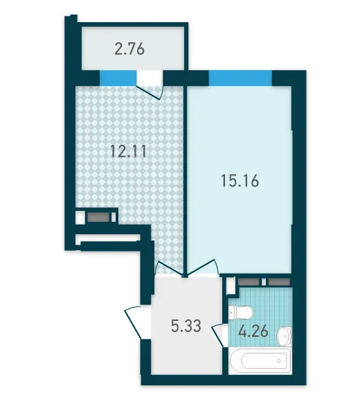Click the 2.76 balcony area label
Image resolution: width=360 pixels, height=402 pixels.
pyautogui.click(x=129, y=49)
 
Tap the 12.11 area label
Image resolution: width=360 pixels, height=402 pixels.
pyautogui.click(x=129, y=151)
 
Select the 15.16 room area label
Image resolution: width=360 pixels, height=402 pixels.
pyautogui.click(x=240, y=180)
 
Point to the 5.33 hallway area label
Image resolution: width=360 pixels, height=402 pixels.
pyautogui.click(x=186, y=326)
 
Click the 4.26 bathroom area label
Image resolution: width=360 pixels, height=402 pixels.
pyautogui.click(x=253, y=331)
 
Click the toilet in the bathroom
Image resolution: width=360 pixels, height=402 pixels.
pyautogui.click(x=241, y=313)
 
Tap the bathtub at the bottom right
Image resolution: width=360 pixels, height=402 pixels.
pyautogui.click(x=260, y=361)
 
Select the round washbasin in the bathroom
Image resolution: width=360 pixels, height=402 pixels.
pyautogui.click(x=285, y=336)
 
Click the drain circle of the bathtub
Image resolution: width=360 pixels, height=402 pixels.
pyautogui.click(x=279, y=360)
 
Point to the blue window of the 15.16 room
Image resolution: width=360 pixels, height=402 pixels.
pyautogui.click(x=240, y=78)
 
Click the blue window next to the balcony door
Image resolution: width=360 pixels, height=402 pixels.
pyautogui.click(x=118, y=78)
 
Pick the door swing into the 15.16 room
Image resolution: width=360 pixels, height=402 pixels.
pyautogui.click(x=203, y=268)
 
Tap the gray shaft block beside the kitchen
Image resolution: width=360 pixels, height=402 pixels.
pyautogui.click(x=98, y=217)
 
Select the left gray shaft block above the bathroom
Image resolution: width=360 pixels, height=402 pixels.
pyautogui.click(x=249, y=282)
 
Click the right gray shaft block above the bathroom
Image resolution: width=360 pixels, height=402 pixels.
pyautogui.click(x=279, y=282)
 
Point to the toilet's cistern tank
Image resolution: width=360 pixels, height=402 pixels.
pyautogui.click(x=231, y=313)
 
